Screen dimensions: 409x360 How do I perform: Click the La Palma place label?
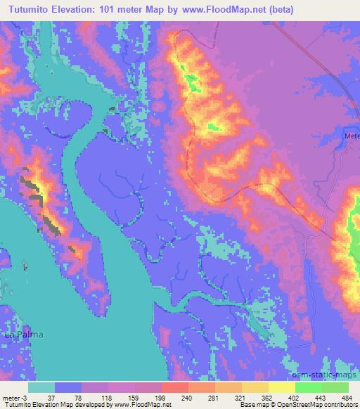tap(24, 335)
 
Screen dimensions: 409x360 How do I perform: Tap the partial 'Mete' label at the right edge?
tap(352, 136)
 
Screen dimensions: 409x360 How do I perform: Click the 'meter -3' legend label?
tap(13, 397)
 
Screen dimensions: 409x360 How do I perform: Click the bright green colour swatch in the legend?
tap(309, 387)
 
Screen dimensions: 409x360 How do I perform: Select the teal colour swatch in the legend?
tap(41, 387)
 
